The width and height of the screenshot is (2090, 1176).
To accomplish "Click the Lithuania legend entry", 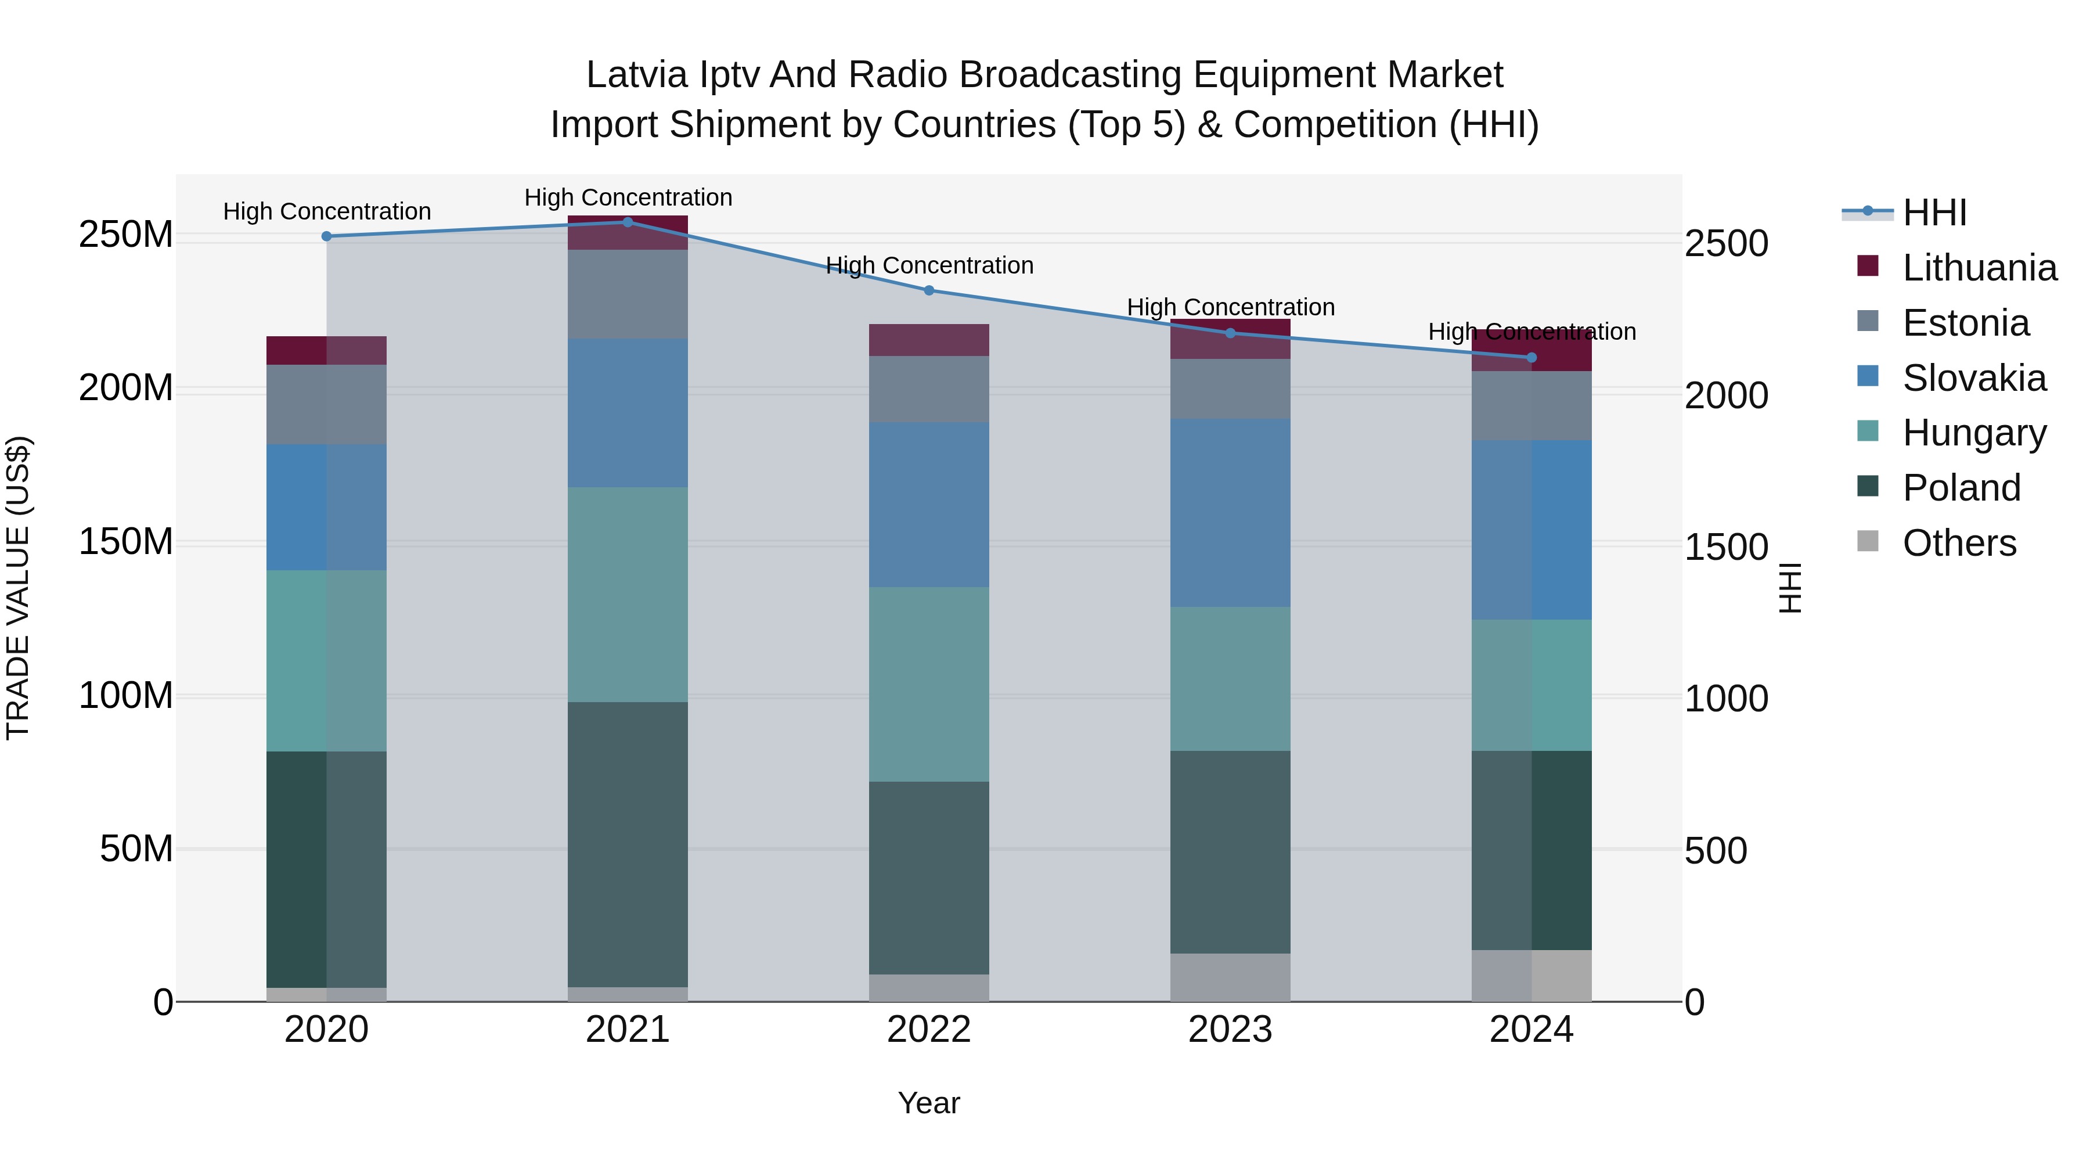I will pyautogui.click(x=1979, y=268).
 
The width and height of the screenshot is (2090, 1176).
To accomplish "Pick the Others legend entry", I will pyautogui.click(x=1959, y=543).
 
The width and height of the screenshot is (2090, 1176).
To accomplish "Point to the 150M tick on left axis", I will pyautogui.click(x=126, y=541).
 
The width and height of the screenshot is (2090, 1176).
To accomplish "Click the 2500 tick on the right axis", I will pyautogui.click(x=1726, y=243).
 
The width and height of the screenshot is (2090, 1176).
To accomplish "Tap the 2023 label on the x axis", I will pyautogui.click(x=1230, y=1030).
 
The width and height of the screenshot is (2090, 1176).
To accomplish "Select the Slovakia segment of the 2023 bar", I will pyautogui.click(x=1230, y=513).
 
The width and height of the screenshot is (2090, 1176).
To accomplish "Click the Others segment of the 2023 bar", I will pyautogui.click(x=1230, y=977).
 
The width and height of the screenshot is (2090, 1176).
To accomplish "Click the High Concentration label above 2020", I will pyautogui.click(x=327, y=211).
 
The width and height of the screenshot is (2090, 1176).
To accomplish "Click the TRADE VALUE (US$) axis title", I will pyautogui.click(x=18, y=588).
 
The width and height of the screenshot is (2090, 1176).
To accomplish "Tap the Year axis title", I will pyautogui.click(x=928, y=1103).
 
